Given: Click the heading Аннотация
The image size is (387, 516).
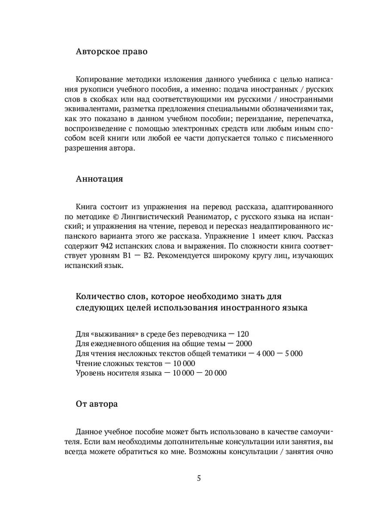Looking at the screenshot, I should [99, 179].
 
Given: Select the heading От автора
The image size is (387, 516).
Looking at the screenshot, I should [97, 404].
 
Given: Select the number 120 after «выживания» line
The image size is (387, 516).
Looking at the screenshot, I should [242, 334].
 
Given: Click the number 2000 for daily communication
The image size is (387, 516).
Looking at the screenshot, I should [243, 344].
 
